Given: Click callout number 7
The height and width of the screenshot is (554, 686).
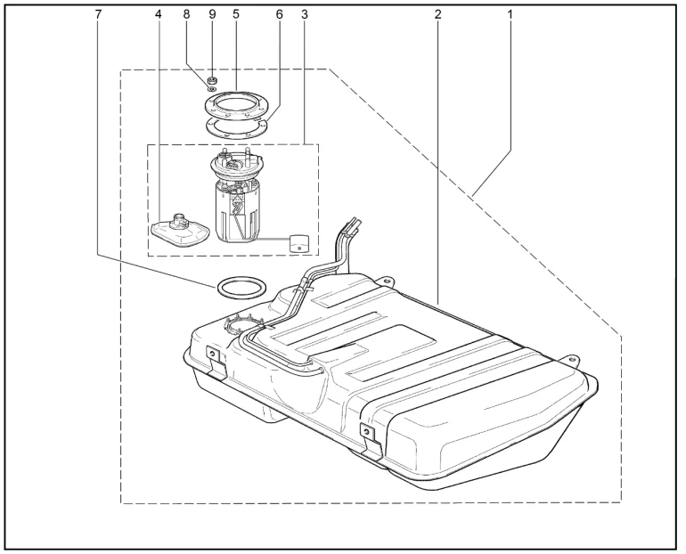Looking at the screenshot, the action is (x=98, y=14).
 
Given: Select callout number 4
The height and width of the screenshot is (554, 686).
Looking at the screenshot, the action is (x=158, y=14).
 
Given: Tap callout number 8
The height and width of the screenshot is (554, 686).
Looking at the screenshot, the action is (x=187, y=14).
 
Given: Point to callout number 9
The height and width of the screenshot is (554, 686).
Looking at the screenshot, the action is (x=212, y=14).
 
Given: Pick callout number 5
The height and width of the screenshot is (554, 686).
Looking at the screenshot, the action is (x=236, y=14).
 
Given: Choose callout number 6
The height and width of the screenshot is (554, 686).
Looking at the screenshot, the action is (x=280, y=14).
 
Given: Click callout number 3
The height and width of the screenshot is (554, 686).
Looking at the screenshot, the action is (x=305, y=14).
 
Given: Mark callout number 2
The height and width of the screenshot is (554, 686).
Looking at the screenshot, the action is (x=438, y=14).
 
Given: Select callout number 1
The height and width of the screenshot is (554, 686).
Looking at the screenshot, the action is (x=510, y=14).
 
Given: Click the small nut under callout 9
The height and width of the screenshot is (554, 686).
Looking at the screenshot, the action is (x=212, y=81).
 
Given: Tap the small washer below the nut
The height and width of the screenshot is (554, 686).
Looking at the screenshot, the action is (x=212, y=89).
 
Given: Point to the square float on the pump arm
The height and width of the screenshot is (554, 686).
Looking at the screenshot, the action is (x=299, y=243).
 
